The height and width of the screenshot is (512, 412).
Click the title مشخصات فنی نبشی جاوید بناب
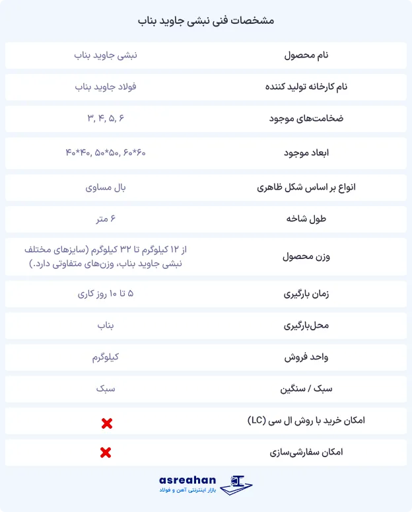click(x=206, y=20)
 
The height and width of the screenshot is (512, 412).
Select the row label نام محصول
click(x=306, y=55)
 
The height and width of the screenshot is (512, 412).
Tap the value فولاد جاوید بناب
click(x=106, y=87)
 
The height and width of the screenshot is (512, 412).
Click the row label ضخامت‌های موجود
click(x=306, y=119)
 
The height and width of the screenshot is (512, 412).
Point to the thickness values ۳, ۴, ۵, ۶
click(x=106, y=118)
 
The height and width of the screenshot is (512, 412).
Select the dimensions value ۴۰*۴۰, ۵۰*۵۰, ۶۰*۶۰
click(x=106, y=153)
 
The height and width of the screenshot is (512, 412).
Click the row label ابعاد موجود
click(x=306, y=153)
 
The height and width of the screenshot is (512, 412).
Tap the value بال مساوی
click(x=106, y=188)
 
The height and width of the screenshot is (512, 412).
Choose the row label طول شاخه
click(x=306, y=219)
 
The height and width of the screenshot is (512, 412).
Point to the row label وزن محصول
click(x=306, y=256)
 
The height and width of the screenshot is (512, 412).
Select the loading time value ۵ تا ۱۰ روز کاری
click(x=106, y=293)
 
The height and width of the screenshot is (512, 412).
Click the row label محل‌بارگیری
click(x=306, y=326)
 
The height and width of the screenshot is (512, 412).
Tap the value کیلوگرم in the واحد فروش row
click(x=106, y=357)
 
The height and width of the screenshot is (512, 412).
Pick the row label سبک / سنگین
click(x=306, y=389)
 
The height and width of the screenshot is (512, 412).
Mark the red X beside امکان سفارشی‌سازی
click(x=105, y=453)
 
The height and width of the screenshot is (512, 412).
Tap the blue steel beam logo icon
click(x=236, y=485)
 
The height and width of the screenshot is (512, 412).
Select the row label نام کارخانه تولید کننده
click(x=306, y=87)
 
